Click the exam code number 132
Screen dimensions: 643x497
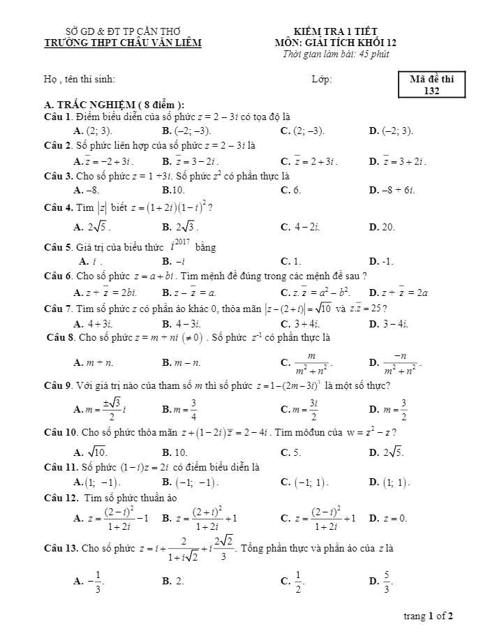tap(431, 91)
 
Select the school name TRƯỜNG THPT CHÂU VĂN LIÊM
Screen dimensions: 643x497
tap(122, 43)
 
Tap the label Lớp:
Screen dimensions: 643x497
tap(322, 80)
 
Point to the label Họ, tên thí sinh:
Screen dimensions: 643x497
tap(80, 80)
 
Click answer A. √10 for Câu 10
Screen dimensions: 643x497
tap(91, 452)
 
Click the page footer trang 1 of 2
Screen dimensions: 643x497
tap(429, 616)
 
